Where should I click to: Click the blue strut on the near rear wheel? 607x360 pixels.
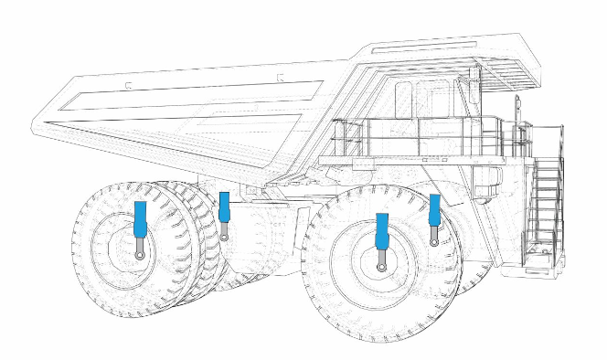(x=141, y=219)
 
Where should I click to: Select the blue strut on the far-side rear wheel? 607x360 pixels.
(x=224, y=207)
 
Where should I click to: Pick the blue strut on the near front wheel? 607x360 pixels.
(x=382, y=231)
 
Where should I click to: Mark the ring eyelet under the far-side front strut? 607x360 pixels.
(x=435, y=241)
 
